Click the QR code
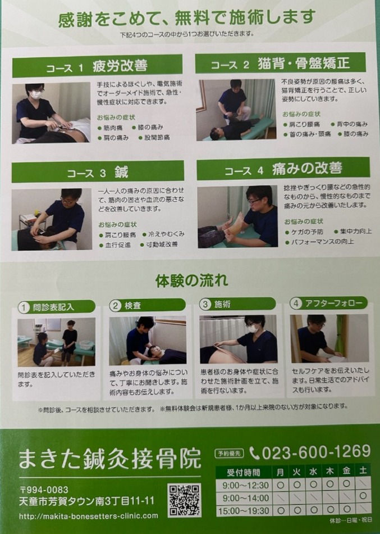pyautogui.click(x=184, y=500)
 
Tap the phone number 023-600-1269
pyautogui.click(x=316, y=452)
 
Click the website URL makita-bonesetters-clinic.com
pyautogui.click(x=89, y=516)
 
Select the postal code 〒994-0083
pyautogui.click(x=44, y=490)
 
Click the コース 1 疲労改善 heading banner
pyautogui.click(x=97, y=66)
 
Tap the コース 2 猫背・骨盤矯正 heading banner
pyautogui.click(x=280, y=64)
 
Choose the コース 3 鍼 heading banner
pyautogui.click(x=98, y=172)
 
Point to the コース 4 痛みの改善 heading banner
pyautogui.click(x=283, y=169)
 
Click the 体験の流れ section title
pyautogui.click(x=191, y=281)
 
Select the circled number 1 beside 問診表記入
pyautogui.click(x=24, y=307)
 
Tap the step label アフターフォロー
pyautogui.click(x=333, y=303)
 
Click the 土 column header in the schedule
pyautogui.click(x=363, y=471)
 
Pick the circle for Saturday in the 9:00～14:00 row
pyautogui.click(x=363, y=496)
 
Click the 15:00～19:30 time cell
pyautogui.click(x=244, y=510)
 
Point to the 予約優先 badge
pyautogui.click(x=230, y=453)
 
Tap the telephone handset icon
pyautogui.click(x=254, y=453)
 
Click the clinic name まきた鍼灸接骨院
pyautogui.click(x=110, y=458)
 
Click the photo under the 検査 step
pyautogui.click(x=147, y=341)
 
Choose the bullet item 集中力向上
pyautogui.click(x=353, y=232)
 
